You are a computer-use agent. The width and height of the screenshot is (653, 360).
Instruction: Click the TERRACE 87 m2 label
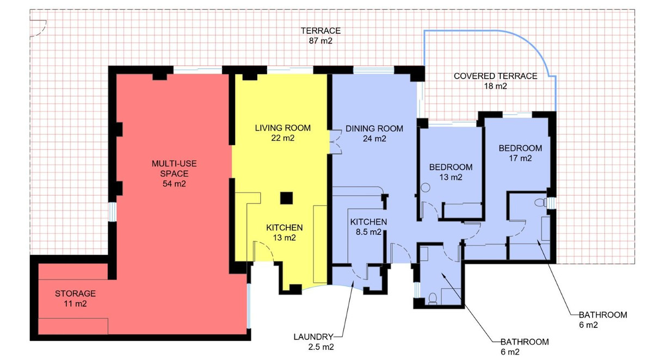(321, 35)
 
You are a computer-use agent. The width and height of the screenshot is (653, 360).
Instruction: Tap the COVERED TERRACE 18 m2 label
(495, 81)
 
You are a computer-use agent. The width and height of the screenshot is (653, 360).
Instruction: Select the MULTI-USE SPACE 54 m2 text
(174, 173)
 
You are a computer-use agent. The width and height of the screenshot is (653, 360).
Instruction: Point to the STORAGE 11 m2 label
(75, 299)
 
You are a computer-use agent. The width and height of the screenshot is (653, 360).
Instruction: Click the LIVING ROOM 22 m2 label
(283, 133)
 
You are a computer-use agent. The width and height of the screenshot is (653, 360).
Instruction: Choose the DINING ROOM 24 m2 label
(374, 133)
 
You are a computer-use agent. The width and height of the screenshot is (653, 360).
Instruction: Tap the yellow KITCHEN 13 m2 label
(284, 232)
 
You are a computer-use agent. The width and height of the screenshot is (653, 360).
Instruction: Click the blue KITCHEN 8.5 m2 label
(368, 227)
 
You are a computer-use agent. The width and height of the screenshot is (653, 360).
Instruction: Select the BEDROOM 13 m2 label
(451, 172)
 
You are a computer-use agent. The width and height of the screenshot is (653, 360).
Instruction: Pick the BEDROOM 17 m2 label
(520, 153)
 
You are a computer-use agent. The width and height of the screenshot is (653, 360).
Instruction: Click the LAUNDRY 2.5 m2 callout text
(313, 342)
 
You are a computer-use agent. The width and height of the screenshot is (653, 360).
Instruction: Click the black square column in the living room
(286, 198)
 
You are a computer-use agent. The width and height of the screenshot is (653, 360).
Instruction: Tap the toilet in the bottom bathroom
(433, 299)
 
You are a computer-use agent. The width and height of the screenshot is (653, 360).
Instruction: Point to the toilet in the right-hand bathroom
(540, 202)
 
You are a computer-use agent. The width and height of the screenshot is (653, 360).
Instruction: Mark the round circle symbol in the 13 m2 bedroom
(426, 188)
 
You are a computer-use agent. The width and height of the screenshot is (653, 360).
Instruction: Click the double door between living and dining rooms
(336, 142)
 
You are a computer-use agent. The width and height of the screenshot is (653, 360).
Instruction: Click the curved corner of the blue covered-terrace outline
(538, 47)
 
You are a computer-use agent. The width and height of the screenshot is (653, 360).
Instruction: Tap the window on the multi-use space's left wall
(112, 212)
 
